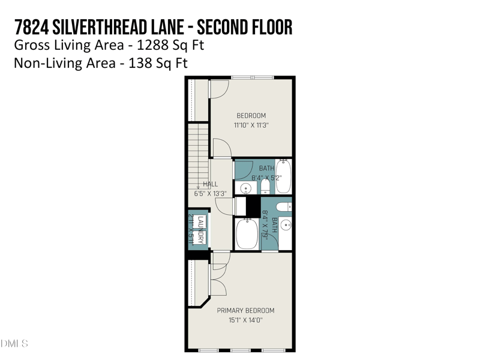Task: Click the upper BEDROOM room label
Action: coord(251,116)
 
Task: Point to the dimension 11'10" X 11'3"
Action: coord(251,125)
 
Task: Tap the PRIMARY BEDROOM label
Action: coord(245,310)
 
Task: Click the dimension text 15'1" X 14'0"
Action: coord(245,320)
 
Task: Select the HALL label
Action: coord(210,184)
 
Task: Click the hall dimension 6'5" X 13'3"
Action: coord(210,194)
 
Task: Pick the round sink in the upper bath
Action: coord(245,189)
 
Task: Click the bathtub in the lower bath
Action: coord(247,235)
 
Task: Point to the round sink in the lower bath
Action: coord(286,226)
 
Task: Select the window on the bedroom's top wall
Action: coord(253,77)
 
